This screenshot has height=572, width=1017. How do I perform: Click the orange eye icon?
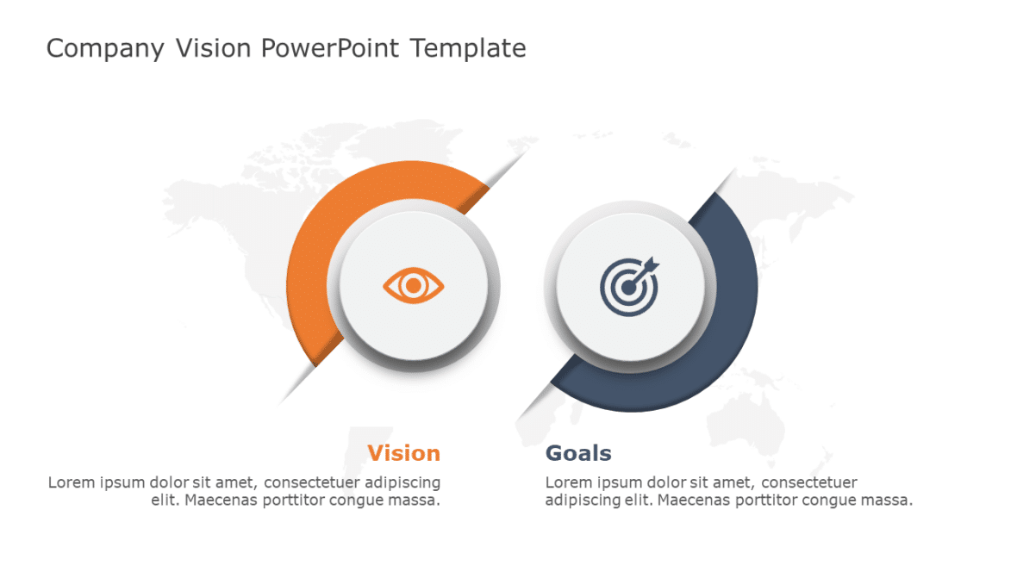tap(414, 284)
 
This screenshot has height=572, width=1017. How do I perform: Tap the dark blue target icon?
tap(630, 284)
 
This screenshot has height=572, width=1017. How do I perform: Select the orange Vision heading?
tap(403, 453)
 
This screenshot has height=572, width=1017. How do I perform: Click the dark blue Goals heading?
tap(578, 453)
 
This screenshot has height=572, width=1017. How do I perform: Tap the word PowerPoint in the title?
tap(330, 48)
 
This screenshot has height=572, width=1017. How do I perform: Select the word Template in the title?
tap(467, 48)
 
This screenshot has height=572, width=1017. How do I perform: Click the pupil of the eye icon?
tap(414, 284)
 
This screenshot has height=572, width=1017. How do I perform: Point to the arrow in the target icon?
tap(648, 263)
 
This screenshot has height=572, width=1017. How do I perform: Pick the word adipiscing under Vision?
tap(403, 482)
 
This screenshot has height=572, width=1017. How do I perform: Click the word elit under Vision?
tap(163, 500)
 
